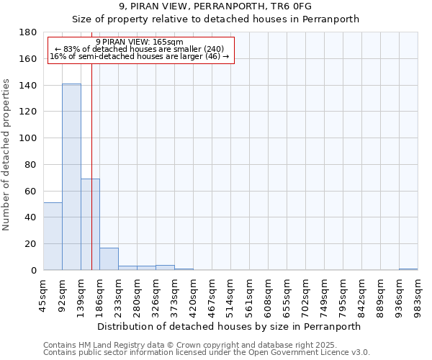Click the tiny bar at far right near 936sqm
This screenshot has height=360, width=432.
tap(408, 269)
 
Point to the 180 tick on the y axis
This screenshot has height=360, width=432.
tap(30, 32)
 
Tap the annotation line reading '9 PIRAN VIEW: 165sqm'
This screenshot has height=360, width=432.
tap(140, 42)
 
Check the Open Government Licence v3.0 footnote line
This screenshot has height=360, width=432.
tap(207, 353)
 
